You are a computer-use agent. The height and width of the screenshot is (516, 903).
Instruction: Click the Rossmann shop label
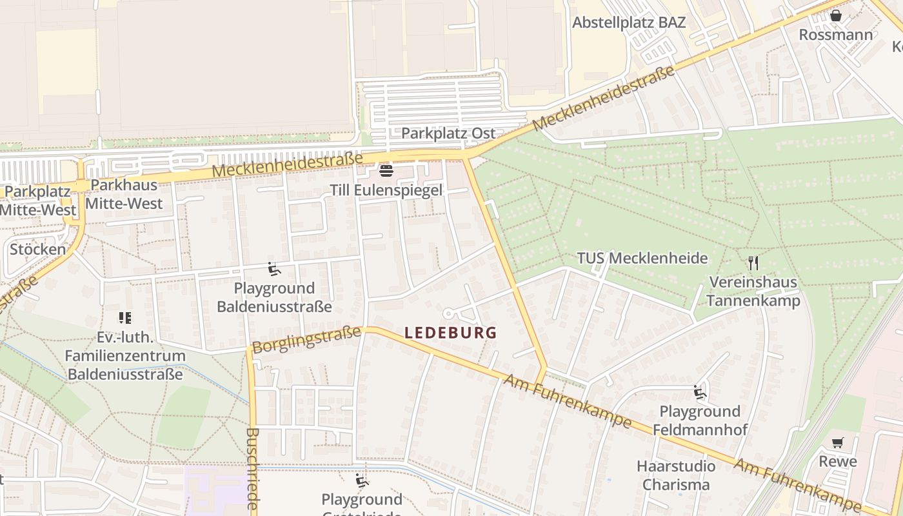point(835,35)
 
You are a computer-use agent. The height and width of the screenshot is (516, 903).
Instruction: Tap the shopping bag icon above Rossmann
point(835,15)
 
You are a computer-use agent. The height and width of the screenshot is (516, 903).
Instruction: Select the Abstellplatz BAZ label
point(629,23)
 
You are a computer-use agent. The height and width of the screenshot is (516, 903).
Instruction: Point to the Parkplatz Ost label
point(448,134)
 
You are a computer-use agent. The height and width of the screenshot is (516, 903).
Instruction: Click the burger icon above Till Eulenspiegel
point(386,171)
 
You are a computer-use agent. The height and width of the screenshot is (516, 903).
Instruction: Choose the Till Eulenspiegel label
point(386,190)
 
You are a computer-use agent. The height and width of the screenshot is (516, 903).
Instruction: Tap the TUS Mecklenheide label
point(642,259)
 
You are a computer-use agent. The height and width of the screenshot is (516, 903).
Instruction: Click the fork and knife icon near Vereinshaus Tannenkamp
point(753,263)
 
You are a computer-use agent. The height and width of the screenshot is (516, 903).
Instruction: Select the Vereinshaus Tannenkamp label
point(753,292)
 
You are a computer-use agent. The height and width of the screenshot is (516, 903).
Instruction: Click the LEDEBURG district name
point(450,333)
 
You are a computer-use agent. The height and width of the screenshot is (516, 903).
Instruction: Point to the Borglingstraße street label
point(306,340)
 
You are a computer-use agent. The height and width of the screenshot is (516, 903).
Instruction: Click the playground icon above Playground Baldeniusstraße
point(274,268)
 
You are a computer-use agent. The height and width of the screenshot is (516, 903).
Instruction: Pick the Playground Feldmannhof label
point(700,421)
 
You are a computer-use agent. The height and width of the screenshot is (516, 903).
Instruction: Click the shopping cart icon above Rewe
point(837,442)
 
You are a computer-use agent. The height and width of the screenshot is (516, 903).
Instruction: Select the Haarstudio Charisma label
point(676,475)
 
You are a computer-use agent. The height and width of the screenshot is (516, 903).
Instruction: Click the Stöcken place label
point(37,250)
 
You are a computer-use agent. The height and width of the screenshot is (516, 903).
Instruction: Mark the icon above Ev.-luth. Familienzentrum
point(124,317)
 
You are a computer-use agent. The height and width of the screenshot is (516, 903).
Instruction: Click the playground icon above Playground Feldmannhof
point(699,392)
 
